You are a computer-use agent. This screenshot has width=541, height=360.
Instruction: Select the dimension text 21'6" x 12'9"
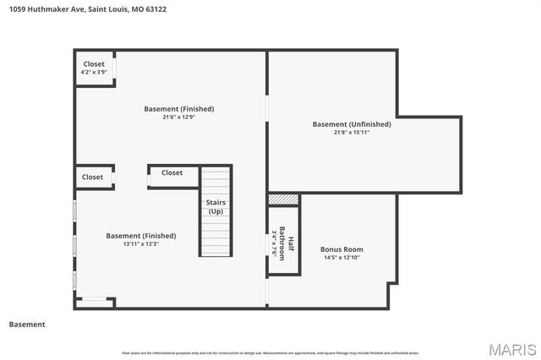point(178,117)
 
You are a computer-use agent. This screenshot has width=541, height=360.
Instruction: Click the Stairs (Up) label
point(216,206)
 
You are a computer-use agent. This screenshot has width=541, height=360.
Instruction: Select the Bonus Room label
point(342,249)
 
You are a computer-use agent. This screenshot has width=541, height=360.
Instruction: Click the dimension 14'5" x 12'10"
point(342,258)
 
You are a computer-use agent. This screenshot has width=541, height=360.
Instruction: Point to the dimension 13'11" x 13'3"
point(141,243)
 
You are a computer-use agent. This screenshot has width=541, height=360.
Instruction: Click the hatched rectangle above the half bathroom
point(284,199)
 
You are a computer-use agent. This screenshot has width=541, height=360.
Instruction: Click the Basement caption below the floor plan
point(27,325)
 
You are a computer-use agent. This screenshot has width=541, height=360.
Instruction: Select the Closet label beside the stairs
point(172,173)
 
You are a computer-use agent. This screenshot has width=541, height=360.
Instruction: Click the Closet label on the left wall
point(93,177)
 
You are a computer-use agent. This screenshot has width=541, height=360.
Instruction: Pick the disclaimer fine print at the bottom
point(270,353)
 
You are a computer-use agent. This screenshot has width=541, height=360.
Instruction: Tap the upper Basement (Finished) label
point(178,108)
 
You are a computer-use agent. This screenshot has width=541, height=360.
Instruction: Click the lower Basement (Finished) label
point(141,235)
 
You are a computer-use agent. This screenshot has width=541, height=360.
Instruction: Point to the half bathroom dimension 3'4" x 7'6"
point(275,243)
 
